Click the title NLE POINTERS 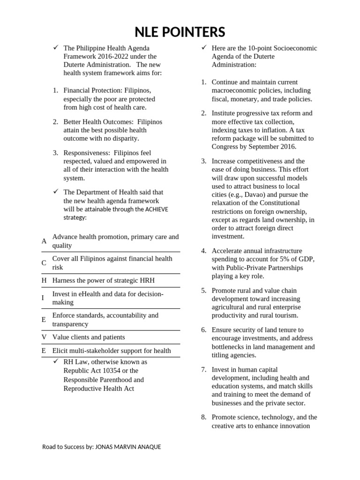point(180,32)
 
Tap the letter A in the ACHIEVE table point(44,241)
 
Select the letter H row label point(44,280)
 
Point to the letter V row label point(44,337)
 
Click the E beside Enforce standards point(44,320)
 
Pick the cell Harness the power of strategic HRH point(103,280)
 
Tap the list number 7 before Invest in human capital point(204,369)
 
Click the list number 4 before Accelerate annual point(204,251)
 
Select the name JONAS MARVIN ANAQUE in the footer point(128,447)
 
